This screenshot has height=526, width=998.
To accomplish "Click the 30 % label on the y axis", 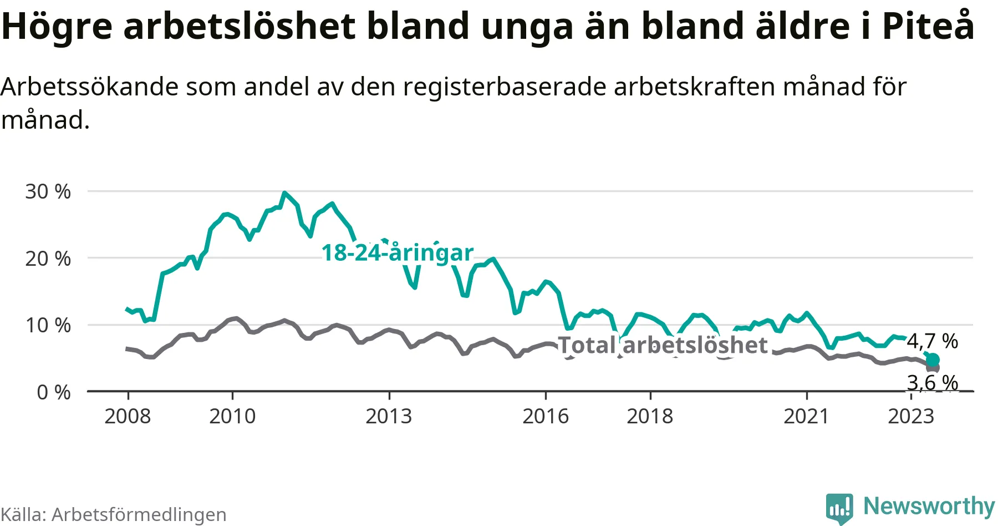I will tap(48, 192).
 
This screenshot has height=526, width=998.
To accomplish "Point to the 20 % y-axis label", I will tap(48, 259).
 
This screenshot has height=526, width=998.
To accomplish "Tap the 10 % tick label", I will tap(48, 326).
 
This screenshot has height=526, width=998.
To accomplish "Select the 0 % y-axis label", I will tap(53, 393).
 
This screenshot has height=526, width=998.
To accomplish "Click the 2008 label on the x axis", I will tap(128, 416).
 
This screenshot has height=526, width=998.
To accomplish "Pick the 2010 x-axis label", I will tap(232, 416).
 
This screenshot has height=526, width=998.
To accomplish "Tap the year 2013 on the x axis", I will tap(389, 416).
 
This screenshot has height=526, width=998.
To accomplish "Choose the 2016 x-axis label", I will tap(546, 416).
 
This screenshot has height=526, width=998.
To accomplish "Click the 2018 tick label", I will tap(650, 416).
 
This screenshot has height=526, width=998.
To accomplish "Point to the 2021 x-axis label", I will tap(806, 416).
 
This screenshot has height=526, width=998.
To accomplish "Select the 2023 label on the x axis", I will tap(911, 416).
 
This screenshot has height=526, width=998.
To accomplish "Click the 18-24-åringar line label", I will tap(398, 253).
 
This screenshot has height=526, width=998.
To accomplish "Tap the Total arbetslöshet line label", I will tap(663, 345).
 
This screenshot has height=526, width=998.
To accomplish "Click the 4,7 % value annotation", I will tap(933, 341).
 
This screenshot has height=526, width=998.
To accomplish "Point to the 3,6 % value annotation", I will tap(933, 382).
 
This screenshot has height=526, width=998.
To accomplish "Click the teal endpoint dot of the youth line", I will tap(933, 360).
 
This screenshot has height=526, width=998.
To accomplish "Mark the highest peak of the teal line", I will tap(284, 193).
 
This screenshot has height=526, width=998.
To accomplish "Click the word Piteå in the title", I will tap(928, 26).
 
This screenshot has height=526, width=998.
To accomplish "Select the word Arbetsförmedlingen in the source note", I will tap(139, 514).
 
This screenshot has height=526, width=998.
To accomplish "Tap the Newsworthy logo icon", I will tap(839, 507).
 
